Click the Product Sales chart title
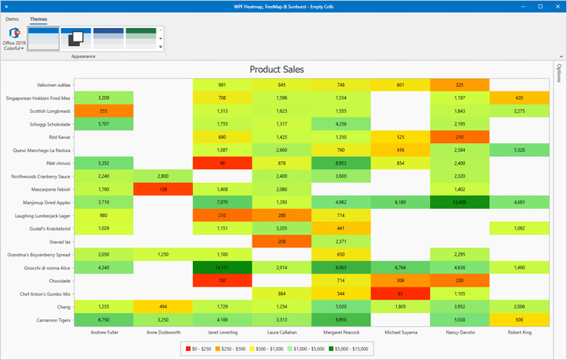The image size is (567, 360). [x=277, y=69]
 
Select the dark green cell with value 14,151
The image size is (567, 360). [x=222, y=267]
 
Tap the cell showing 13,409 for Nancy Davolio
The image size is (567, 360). [x=460, y=202]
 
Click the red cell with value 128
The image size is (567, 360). [x=163, y=189]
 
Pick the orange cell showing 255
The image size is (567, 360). [x=104, y=110]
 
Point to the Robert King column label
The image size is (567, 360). [x=519, y=331]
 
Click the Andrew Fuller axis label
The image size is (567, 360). [x=104, y=331]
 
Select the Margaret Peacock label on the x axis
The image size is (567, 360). [x=340, y=331]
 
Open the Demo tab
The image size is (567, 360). [x=13, y=17]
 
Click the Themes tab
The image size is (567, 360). [x=38, y=17]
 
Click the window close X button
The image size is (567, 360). [x=556, y=5]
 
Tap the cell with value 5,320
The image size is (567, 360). [x=519, y=150]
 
